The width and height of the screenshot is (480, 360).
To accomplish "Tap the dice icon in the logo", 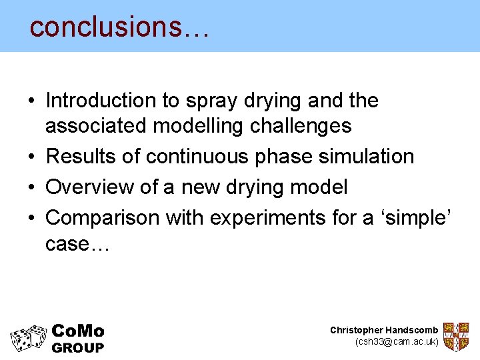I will [28, 338].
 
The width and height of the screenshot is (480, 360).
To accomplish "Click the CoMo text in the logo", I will [77, 331].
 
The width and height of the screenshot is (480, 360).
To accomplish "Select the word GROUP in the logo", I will [78, 347].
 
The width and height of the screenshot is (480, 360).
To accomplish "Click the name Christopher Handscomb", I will [384, 330].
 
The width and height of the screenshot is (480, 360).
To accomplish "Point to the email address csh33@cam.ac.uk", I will [397, 341].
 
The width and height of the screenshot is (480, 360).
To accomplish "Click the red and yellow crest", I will [456, 336].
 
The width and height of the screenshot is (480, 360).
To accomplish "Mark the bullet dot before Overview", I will [32, 188].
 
